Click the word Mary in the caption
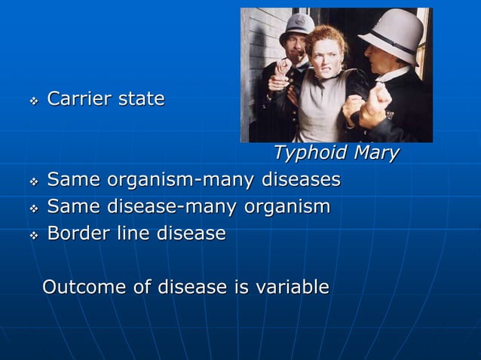click(x=375, y=153)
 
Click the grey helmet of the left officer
click(x=297, y=25)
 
